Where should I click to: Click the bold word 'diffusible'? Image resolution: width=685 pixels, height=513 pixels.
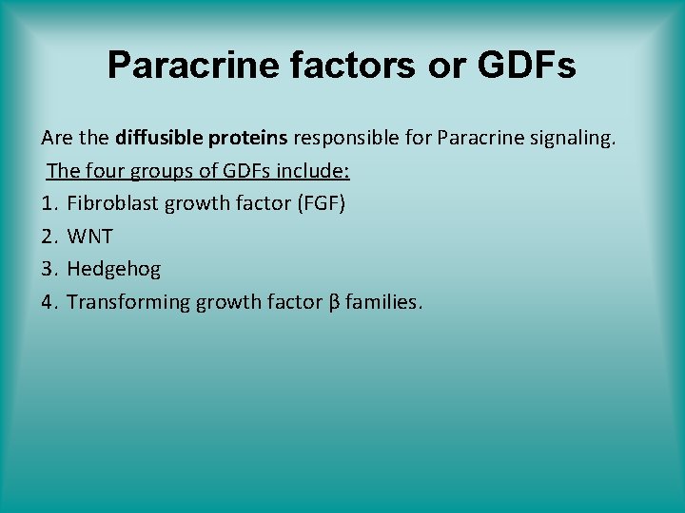click(157, 138)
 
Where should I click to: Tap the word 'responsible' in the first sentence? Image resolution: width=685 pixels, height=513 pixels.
click(345, 138)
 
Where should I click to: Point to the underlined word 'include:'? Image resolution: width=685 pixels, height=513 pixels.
click(315, 171)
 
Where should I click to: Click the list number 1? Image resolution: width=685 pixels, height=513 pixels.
click(48, 203)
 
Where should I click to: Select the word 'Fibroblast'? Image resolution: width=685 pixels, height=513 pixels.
click(111, 203)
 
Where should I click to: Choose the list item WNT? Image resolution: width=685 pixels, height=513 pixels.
click(90, 237)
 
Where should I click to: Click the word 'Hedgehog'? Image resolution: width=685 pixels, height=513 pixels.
click(113, 269)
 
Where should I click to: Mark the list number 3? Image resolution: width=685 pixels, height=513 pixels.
click(48, 269)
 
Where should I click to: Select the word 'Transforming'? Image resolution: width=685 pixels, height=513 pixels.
click(128, 302)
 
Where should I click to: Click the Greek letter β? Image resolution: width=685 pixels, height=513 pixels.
click(333, 302)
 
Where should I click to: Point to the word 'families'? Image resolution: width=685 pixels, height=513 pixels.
click(382, 302)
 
